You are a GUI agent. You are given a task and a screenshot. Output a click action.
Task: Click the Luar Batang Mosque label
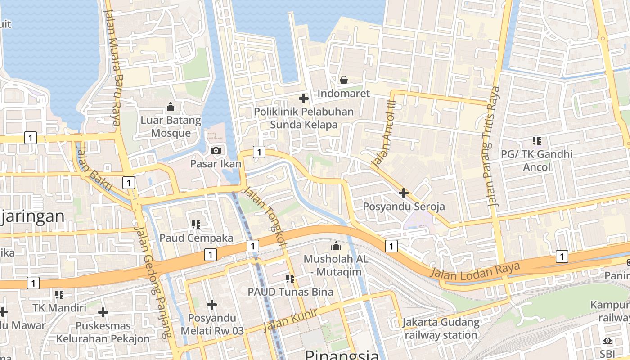point(171,126)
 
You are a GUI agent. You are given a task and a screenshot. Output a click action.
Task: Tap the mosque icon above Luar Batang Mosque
point(171,107)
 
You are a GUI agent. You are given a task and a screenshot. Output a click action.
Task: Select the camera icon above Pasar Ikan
point(216,150)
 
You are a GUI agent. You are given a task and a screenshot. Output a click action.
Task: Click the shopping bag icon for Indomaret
point(344,80)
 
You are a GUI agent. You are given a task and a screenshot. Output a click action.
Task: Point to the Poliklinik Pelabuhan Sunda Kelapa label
point(304,118)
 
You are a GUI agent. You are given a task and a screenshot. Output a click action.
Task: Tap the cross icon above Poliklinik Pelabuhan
point(304,98)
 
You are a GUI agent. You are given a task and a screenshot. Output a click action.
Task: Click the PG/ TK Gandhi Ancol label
point(536,161)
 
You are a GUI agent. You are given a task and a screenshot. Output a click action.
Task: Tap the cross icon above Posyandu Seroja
point(404,193)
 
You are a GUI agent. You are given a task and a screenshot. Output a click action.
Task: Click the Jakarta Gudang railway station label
point(441,328)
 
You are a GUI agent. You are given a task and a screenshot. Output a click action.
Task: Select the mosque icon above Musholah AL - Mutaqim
point(336,246)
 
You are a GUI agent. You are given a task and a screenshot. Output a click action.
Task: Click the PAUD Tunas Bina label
point(291,292)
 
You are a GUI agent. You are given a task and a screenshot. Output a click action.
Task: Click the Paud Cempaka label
point(196,238)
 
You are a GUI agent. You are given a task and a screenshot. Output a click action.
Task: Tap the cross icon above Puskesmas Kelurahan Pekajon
point(103,312)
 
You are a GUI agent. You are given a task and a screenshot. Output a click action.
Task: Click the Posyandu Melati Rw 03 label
point(212,324)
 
